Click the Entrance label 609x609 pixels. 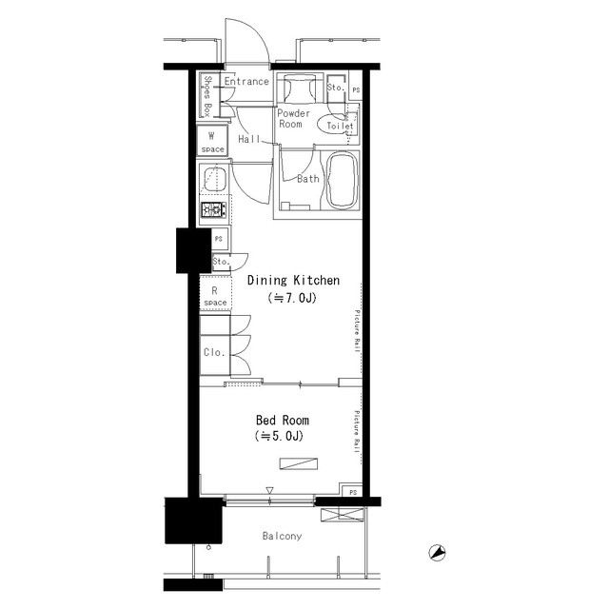(246, 82)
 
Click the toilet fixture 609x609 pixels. (340, 125)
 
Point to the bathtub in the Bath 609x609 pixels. (341, 182)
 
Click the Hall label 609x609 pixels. (249, 139)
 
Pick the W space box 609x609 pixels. (211, 142)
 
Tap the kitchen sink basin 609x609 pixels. (213, 179)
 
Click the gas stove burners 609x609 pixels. (211, 210)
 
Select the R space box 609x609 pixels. (214, 296)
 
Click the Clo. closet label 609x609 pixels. (214, 352)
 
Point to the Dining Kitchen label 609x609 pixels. (293, 281)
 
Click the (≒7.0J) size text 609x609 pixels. (293, 298)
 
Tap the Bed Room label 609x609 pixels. (282, 420)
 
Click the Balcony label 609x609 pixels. (282, 537)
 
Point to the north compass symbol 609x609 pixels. (438, 551)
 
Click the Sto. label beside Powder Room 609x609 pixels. (334, 88)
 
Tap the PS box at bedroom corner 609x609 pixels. (352, 492)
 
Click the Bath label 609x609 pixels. (307, 179)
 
